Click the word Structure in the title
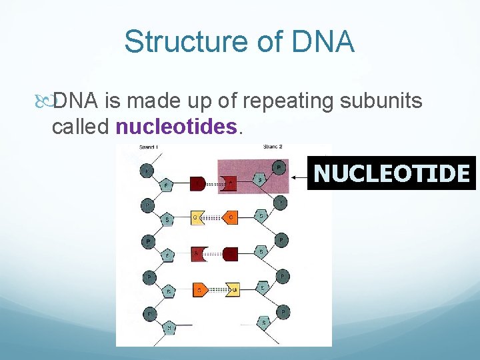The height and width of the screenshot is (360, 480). (x=177, y=41)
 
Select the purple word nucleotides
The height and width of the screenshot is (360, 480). (x=176, y=127)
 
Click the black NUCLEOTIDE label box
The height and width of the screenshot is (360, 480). (x=391, y=173)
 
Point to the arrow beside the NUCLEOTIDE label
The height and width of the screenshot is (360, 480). (x=299, y=177)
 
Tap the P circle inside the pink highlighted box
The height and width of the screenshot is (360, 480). (x=279, y=167)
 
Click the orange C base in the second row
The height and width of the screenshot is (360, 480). (x=229, y=217)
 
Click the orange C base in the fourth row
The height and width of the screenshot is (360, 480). (x=199, y=289)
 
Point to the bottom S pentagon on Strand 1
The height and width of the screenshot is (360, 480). (x=170, y=327)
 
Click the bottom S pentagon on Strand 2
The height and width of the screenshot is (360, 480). (x=265, y=323)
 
